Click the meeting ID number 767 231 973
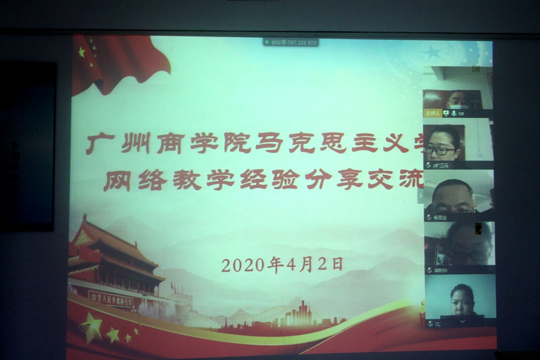pyautogui.click(x=294, y=43)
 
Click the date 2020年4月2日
pyautogui.click(x=281, y=265)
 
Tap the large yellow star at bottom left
pyautogui.click(x=91, y=328)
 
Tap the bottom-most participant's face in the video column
pyautogui.click(x=461, y=299)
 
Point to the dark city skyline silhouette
pyautogui.click(x=300, y=314)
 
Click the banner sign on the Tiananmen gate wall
pyautogui.click(x=111, y=298)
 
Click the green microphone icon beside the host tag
pyautogui.click(x=454, y=113)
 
